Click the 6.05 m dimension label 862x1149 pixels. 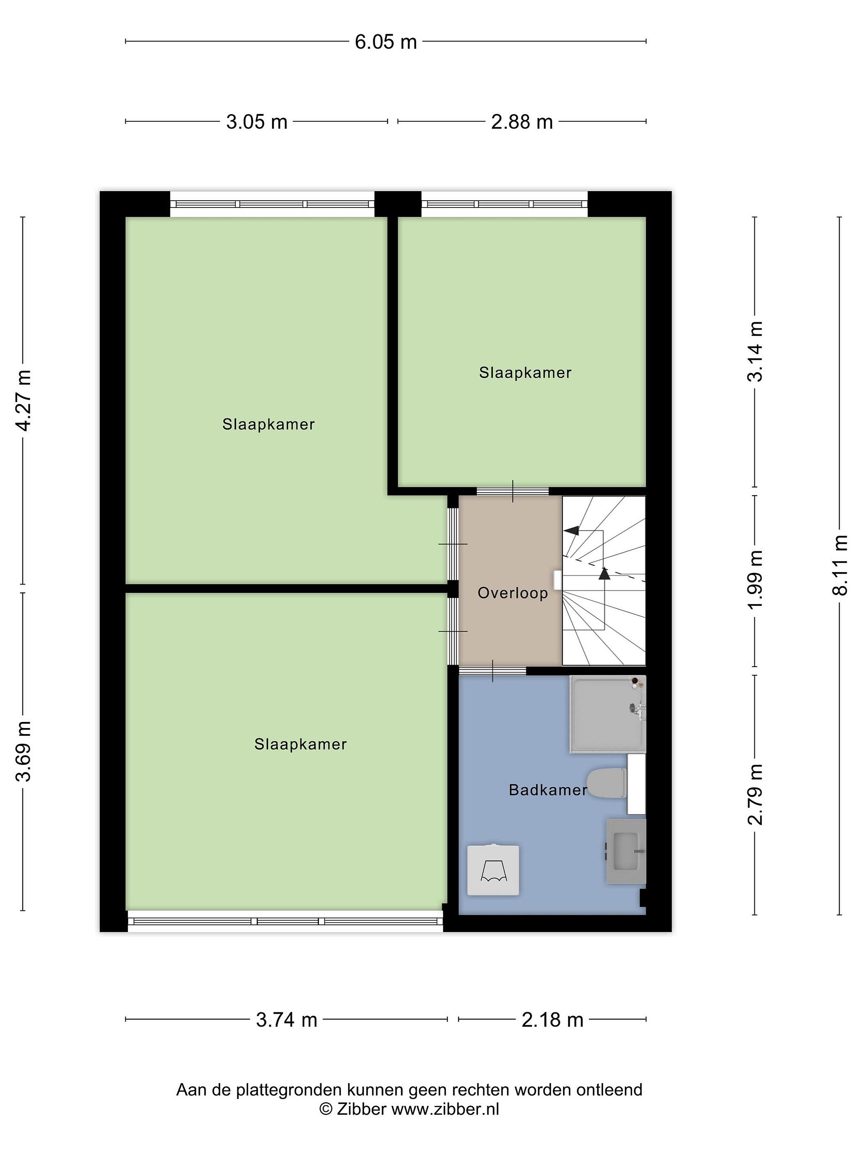[x=386, y=42]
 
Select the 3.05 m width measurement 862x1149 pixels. [x=257, y=122]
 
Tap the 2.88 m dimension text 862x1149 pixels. [x=522, y=122]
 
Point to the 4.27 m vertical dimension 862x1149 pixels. [x=24, y=400]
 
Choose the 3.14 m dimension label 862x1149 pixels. [x=755, y=351]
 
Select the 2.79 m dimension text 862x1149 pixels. [x=755, y=794]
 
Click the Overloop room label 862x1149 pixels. [x=513, y=593]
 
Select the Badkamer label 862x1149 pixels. [x=548, y=790]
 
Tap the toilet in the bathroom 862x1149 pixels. [x=606, y=783]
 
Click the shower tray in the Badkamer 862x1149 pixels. [x=607, y=714]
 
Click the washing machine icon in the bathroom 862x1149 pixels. [x=493, y=870]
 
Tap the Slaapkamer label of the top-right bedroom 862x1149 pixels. [x=525, y=373]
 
